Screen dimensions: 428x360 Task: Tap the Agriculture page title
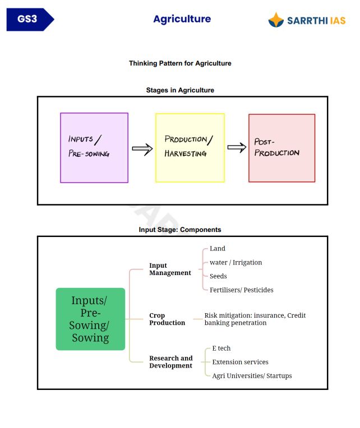(x=182, y=19)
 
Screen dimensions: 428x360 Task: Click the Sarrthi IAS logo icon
(x=276, y=20)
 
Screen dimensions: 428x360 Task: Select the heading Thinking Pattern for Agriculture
(x=180, y=63)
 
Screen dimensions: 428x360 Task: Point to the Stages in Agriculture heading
(x=180, y=90)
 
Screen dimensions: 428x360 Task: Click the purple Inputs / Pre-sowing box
(x=94, y=148)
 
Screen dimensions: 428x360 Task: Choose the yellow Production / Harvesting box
(x=190, y=148)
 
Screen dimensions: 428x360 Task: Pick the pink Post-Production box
(x=281, y=148)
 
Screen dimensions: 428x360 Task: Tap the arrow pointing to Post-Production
(x=237, y=148)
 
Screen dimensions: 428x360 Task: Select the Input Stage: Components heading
(x=180, y=230)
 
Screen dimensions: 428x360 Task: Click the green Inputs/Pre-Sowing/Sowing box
(x=90, y=319)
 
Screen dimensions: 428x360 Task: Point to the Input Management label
(x=170, y=269)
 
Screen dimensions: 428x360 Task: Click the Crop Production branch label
(x=167, y=319)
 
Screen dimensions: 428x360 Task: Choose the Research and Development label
(x=170, y=362)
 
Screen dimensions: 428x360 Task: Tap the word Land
(x=218, y=249)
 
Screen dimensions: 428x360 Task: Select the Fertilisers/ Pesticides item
(x=242, y=290)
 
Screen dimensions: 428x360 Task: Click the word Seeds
(x=218, y=276)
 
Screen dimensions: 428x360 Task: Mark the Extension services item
(x=240, y=362)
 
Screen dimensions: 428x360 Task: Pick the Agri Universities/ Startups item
(x=252, y=376)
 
